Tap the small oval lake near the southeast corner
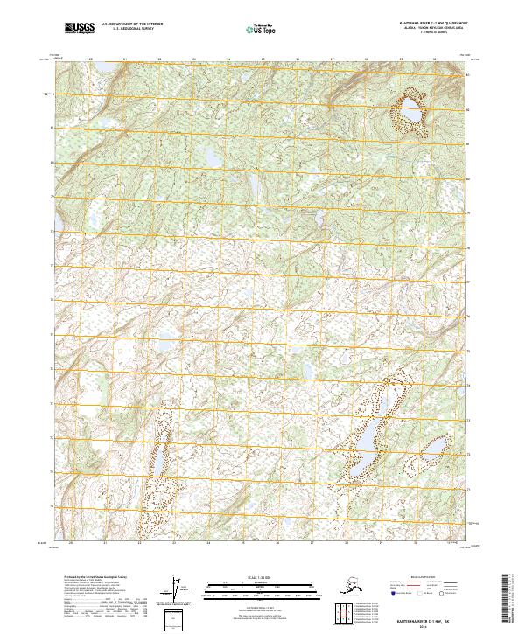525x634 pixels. point(430,450)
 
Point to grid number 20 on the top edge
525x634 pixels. point(91,60)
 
